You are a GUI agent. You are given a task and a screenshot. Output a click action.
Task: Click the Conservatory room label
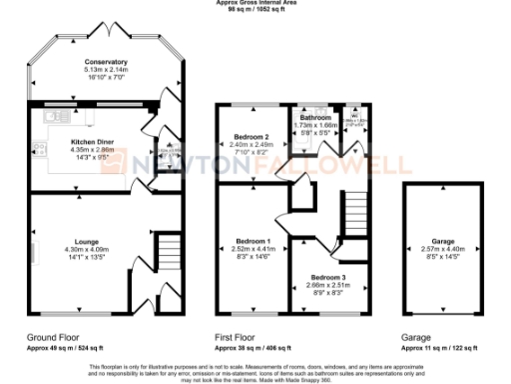click(x=107, y=61)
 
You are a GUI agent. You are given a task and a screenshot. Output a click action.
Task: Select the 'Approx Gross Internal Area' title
click(x=255, y=3)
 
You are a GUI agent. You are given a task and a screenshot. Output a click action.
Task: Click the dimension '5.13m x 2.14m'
click(x=107, y=68)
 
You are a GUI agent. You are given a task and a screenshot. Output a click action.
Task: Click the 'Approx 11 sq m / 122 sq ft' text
click(x=439, y=348)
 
